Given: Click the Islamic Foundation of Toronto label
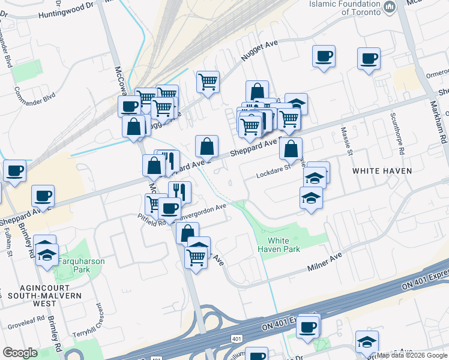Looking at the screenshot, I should pyautogui.click(x=345, y=7).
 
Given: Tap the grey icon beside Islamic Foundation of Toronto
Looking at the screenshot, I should pyautogui.click(x=390, y=8).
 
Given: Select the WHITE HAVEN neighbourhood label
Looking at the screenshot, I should pyautogui.click(x=382, y=171).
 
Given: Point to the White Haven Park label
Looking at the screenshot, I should pyautogui.click(x=279, y=244).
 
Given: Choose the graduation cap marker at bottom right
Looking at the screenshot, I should pyautogui.click(x=367, y=341).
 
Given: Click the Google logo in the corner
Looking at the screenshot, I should pyautogui.click(x=20, y=353).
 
